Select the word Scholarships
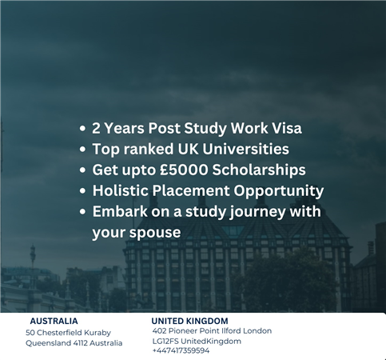coord(259,170)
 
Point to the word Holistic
coord(121,190)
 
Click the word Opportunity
coord(279,191)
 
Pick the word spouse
coord(155,233)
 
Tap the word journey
coord(257,212)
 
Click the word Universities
coord(245,149)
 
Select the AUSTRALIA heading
coord(54,321)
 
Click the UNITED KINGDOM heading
coord(189,321)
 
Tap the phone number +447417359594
coord(181,350)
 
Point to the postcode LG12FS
coord(165,341)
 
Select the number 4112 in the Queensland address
coord(80,343)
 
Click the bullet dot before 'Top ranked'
coord(83,149)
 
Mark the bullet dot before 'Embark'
coord(83,212)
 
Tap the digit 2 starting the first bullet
coord(96,128)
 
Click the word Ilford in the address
coord(231,331)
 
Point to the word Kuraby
coord(97,333)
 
